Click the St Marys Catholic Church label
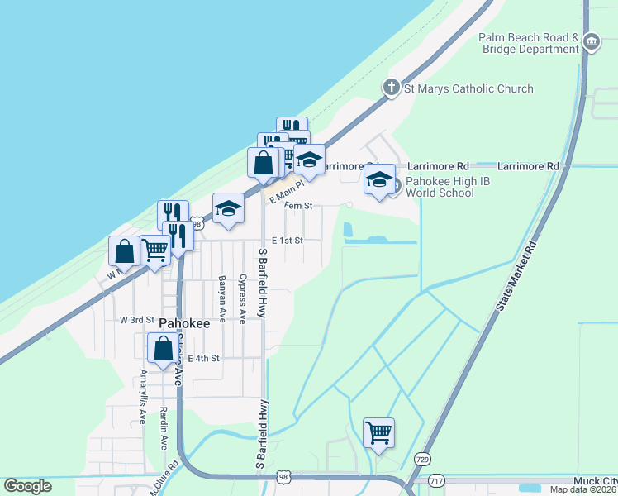pos(468,88)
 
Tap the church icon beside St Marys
pos(392,88)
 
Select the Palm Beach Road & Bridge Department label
pos(530,43)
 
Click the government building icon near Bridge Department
pos(592,41)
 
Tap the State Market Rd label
pos(516,277)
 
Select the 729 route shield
pos(423,458)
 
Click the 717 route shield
pos(437,480)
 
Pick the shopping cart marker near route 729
pos(378,431)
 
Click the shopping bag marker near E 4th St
pos(163,346)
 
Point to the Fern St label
pos(298,205)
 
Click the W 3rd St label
pos(137,319)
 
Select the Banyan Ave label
pos(222,298)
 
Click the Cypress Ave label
pos(242,298)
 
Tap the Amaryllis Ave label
pos(143,397)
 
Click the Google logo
pos(27,486)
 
